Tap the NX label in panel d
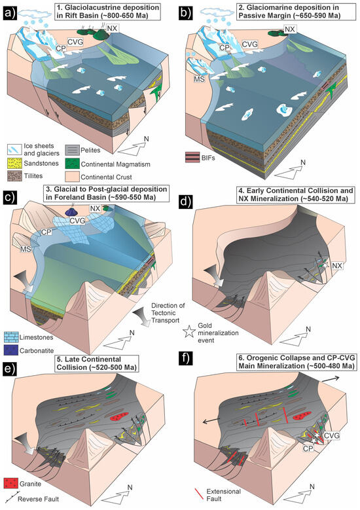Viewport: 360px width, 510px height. pyautogui.click(x=337, y=266)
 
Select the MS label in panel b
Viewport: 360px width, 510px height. pyautogui.click(x=200, y=78)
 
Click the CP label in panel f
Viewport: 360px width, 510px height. pyautogui.click(x=308, y=448)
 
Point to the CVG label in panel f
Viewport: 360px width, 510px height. pyautogui.click(x=332, y=435)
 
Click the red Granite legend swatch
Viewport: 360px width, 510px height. pyautogui.click(x=10, y=483)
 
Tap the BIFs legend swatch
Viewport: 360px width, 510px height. pyautogui.click(x=192, y=157)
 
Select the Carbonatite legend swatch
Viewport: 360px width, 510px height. pyautogui.click(x=10, y=350)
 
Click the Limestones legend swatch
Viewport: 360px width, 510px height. pyautogui.click(x=10, y=337)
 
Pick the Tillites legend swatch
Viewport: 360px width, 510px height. pyautogui.click(x=14, y=175)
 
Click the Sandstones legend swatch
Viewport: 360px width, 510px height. pyautogui.click(x=14, y=163)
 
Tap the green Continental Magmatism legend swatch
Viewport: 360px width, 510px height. pyautogui.click(x=71, y=163)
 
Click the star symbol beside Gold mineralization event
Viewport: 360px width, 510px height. pyautogui.click(x=189, y=332)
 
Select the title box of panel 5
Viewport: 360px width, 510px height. pyautogui.click(x=97, y=363)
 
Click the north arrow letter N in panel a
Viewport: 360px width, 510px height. pyautogui.click(x=147, y=139)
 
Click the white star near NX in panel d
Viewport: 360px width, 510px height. pyautogui.click(x=325, y=264)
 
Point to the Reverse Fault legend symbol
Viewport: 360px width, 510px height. pyautogui.click(x=9, y=498)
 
